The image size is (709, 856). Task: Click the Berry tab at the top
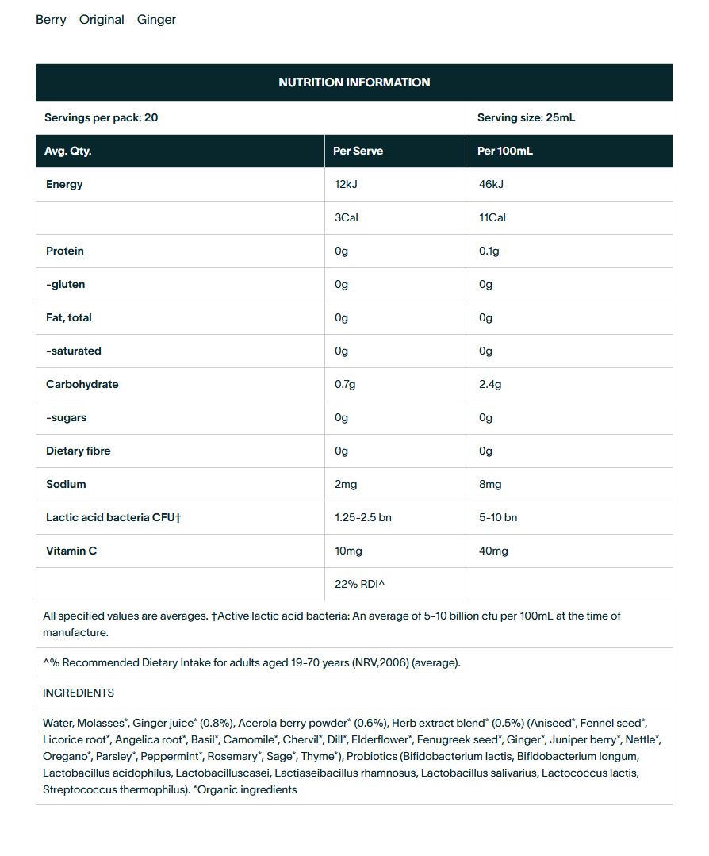pyautogui.click(x=51, y=20)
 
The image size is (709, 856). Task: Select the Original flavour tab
pyautogui.click(x=102, y=20)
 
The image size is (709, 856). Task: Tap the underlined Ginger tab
pyautogui.click(x=156, y=20)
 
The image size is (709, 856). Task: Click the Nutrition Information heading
pyautogui.click(x=354, y=83)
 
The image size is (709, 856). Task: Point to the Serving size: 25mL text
pyautogui.click(x=526, y=118)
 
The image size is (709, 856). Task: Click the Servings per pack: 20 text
pyautogui.click(x=101, y=118)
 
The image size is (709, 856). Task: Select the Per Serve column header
pyautogui.click(x=358, y=152)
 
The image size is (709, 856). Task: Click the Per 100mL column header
pyautogui.click(x=505, y=152)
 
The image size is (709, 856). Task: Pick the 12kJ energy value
pyautogui.click(x=347, y=185)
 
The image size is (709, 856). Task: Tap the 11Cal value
pyautogui.click(x=492, y=218)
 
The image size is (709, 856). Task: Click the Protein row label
pyautogui.click(x=65, y=251)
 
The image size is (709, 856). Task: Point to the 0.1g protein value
pyautogui.click(x=489, y=251)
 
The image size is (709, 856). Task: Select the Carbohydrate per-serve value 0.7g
pyautogui.click(x=345, y=385)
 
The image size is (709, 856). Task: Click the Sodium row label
pyautogui.click(x=66, y=485)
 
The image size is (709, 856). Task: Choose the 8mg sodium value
pyautogui.click(x=490, y=485)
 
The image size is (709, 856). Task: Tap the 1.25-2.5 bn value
pyautogui.click(x=363, y=518)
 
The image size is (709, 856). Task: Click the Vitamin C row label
pyautogui.click(x=71, y=551)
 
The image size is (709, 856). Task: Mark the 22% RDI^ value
pyautogui.click(x=359, y=585)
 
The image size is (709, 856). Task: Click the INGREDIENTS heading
pyautogui.click(x=79, y=693)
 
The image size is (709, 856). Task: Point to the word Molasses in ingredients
pyautogui.click(x=102, y=724)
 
